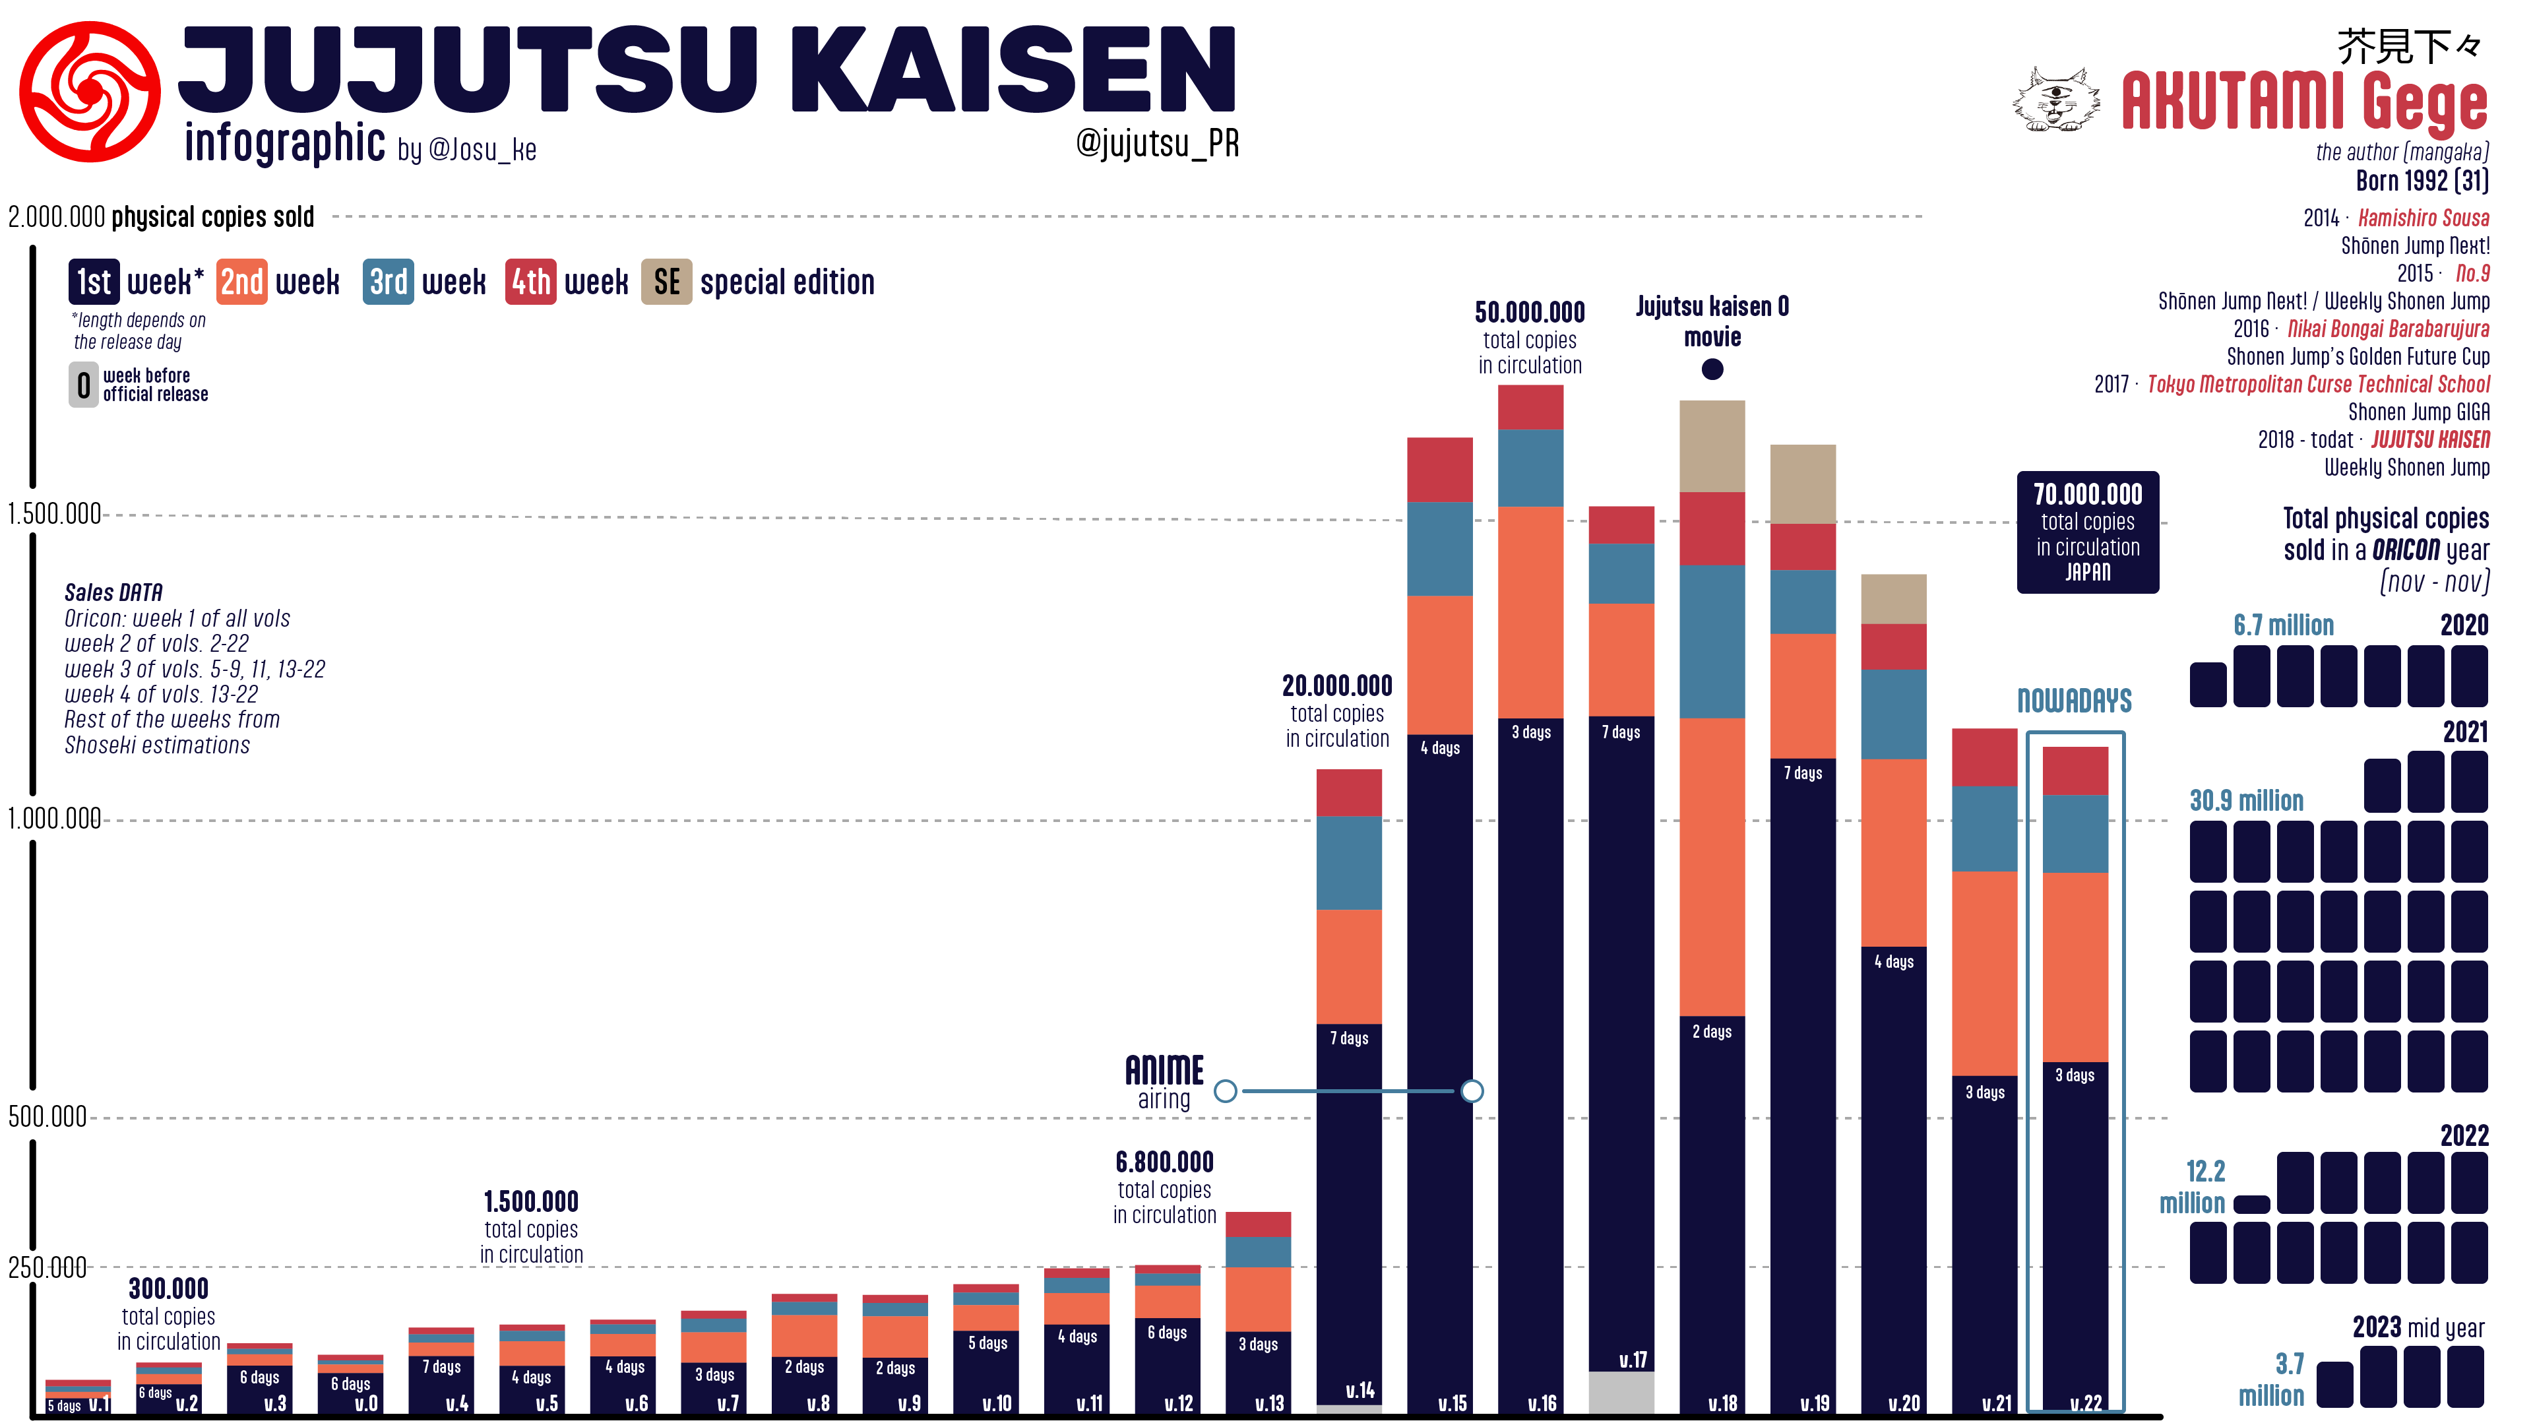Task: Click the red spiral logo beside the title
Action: coord(90,92)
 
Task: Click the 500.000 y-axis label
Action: coord(47,1117)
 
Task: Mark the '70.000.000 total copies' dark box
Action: coord(2088,532)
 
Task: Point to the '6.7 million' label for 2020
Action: coord(2283,625)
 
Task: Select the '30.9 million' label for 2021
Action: coord(2246,800)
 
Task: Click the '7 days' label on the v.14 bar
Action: coord(1349,1038)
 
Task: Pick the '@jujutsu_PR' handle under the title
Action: coord(1158,144)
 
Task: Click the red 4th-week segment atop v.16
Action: coord(1530,407)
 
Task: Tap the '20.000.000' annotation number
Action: coord(1337,685)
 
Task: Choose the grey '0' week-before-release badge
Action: coord(84,385)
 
